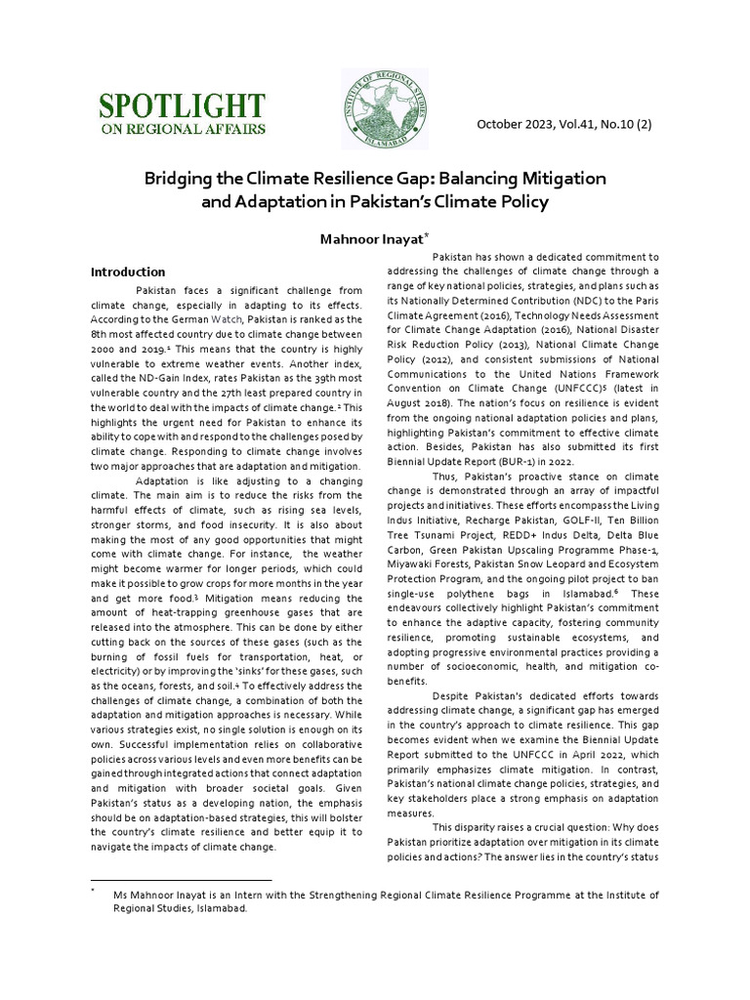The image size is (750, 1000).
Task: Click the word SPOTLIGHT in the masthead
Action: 180,105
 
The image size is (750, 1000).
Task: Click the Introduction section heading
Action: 128,271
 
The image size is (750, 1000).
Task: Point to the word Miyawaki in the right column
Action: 414,565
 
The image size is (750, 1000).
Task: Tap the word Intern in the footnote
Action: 240,894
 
